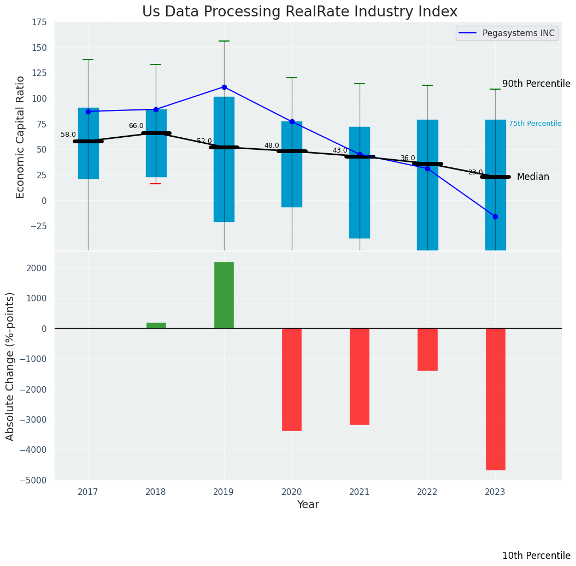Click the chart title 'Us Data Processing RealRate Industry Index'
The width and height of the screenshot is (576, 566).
click(299, 12)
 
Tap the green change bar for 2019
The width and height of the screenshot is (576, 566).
click(224, 295)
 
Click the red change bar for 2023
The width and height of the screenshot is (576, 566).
click(495, 399)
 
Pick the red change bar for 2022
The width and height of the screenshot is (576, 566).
click(427, 349)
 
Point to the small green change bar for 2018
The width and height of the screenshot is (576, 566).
click(156, 325)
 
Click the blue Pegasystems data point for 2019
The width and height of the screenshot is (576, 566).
click(224, 87)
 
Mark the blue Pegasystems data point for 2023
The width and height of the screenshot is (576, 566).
click(495, 217)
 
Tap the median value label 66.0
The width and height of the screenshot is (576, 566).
click(136, 126)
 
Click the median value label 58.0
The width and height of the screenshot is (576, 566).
click(68, 135)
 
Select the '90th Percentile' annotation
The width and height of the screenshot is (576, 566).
click(536, 84)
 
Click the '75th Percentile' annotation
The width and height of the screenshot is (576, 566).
click(535, 124)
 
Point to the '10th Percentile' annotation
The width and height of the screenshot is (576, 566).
click(536, 556)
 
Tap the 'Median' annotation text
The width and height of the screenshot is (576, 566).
click(533, 177)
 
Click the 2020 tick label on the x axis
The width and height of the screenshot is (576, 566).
click(292, 492)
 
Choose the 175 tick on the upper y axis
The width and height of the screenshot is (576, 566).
click(39, 22)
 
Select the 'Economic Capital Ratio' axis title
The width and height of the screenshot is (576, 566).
click(21, 137)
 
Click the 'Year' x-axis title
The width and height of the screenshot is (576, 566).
click(308, 505)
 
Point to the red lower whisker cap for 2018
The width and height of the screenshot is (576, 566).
click(156, 184)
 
